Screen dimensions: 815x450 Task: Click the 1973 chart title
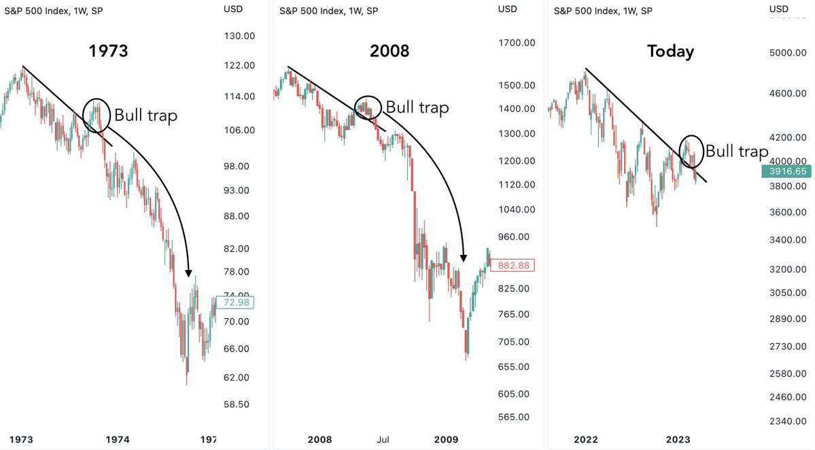108,51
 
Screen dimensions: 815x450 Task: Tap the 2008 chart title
389,51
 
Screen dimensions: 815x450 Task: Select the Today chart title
670,52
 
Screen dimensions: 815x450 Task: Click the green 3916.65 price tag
786,171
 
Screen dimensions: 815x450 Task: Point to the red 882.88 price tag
513,266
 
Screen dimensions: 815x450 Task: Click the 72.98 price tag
236,302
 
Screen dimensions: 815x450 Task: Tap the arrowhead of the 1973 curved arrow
189,273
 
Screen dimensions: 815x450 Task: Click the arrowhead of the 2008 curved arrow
463,258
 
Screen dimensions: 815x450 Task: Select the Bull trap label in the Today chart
737,152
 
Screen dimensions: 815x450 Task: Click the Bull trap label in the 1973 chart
145,116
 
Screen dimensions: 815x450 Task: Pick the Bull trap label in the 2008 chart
417,107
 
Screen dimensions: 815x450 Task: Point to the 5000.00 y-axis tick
788,53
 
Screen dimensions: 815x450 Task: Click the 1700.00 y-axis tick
517,43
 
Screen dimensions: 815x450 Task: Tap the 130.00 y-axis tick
239,36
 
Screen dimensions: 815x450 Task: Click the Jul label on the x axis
383,440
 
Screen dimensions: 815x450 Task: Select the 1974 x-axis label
118,440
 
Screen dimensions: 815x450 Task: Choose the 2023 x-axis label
678,440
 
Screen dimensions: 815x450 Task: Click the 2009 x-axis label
446,440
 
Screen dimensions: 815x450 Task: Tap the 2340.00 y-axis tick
788,421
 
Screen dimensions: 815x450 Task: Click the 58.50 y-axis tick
237,404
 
